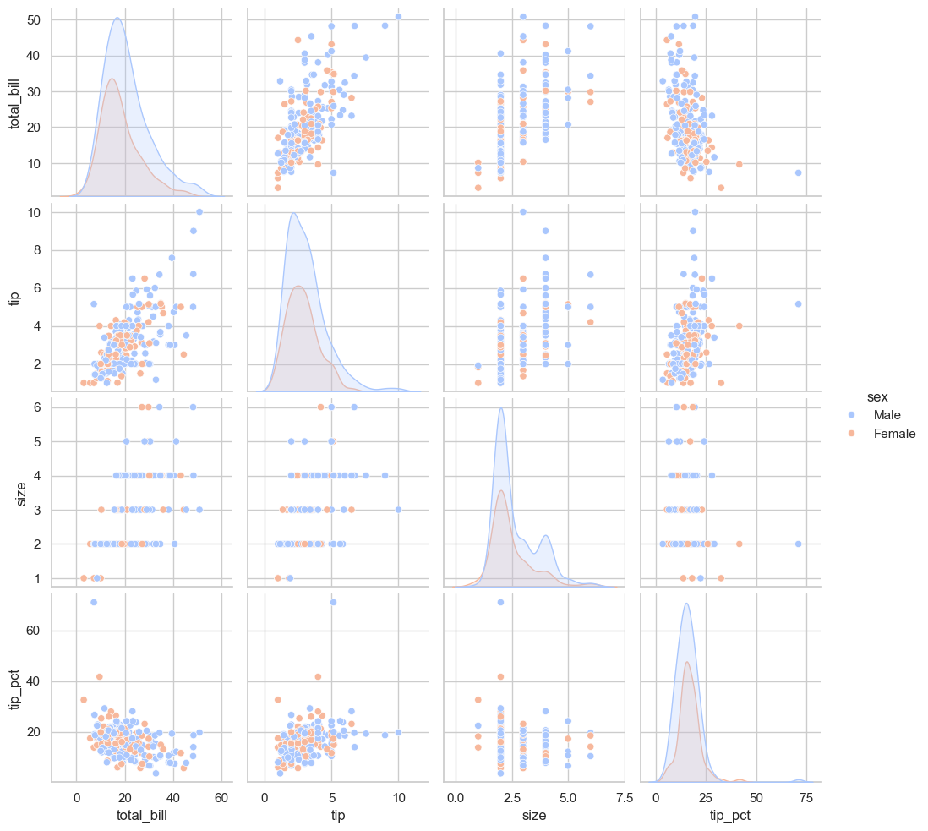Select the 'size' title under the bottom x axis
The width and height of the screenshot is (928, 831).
(534, 816)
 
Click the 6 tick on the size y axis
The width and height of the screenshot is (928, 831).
(40, 407)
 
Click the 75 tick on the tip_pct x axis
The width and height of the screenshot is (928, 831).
(806, 796)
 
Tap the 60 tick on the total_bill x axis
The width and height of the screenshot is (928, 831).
(222, 796)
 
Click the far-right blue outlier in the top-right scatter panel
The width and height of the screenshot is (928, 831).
(798, 172)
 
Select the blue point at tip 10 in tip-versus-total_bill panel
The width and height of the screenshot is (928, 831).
(199, 211)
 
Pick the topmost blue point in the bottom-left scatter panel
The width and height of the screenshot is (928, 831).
(93, 602)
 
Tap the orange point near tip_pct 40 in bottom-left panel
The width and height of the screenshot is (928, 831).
(100, 676)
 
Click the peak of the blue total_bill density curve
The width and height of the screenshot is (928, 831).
(117, 19)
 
